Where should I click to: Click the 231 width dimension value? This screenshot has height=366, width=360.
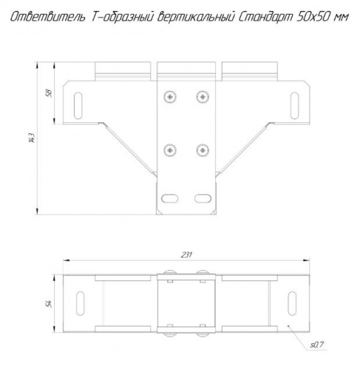[187, 255]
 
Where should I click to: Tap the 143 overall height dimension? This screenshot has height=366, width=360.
[32, 138]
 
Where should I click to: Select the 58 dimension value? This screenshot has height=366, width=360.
[49, 94]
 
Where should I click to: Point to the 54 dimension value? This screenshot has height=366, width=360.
[49, 304]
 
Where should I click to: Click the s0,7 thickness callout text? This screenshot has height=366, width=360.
[317, 345]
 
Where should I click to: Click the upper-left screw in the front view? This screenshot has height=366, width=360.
[170, 97]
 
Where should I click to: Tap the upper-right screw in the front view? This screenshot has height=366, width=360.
[203, 97]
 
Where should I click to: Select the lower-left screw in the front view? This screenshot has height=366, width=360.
[170, 150]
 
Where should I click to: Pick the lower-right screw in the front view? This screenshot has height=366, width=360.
[203, 150]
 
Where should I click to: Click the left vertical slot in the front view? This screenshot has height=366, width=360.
[78, 105]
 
